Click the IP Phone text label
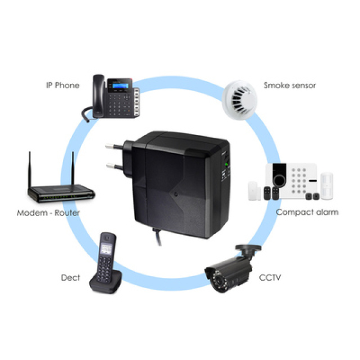[62, 85]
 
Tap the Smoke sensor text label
[290, 85]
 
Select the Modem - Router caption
[48, 213]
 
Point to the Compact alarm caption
[307, 213]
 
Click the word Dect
[70, 277]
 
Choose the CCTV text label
[270, 277]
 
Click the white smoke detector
[240, 100]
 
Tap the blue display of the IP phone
[120, 86]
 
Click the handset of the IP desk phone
[99, 96]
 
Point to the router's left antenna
[29, 169]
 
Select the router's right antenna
[73, 168]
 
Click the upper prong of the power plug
[114, 146]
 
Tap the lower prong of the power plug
[114, 166]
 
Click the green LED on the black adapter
[226, 164]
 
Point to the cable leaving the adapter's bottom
[157, 236]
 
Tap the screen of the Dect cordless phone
[106, 249]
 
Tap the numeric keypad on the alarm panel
[299, 181]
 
